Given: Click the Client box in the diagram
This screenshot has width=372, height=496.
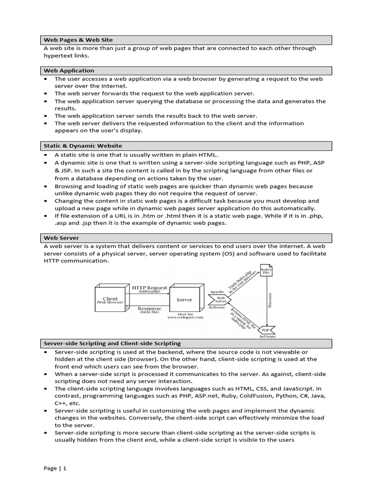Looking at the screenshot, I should tap(110, 300).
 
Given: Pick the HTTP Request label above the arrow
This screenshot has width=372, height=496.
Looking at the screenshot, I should tap(149, 287).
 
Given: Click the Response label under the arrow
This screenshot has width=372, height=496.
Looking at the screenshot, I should tap(150, 309).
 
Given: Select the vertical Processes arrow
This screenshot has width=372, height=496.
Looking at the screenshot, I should tap(269, 300).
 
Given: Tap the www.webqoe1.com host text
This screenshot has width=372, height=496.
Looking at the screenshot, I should tap(185, 317).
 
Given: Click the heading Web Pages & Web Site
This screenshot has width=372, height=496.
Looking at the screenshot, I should tap(78, 40).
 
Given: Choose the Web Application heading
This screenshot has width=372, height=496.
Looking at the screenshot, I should tap(69, 70).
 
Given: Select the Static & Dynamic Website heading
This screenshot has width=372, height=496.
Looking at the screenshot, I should tap(83, 145).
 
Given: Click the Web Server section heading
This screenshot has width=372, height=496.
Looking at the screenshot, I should tap(61, 238).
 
